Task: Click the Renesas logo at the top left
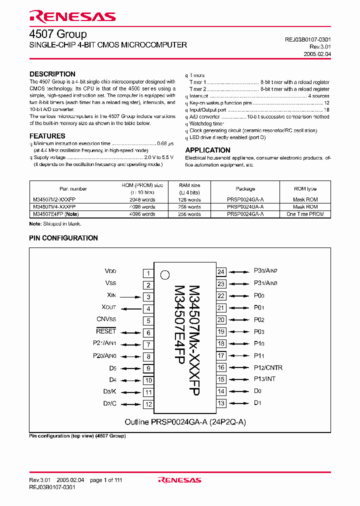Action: pyautogui.click(x=72, y=17)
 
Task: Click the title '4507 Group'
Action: pyautogui.click(x=57, y=34)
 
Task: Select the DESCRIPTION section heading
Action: pyautogui.click(x=52, y=74)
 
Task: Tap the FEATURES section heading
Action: pyautogui.click(x=47, y=136)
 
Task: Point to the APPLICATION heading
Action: pyautogui.click(x=207, y=150)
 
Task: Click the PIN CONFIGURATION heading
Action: pyautogui.click(x=63, y=238)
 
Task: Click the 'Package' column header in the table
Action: pyautogui.click(x=245, y=189)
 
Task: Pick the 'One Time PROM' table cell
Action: pyautogui.click(x=305, y=214)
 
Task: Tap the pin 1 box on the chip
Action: pyautogui.click(x=148, y=273)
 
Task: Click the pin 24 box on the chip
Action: pyautogui.click(x=221, y=272)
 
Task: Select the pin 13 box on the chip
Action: pyautogui.click(x=221, y=403)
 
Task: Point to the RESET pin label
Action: pyautogui.click(x=106, y=331)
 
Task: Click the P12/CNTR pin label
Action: pyautogui.click(x=268, y=367)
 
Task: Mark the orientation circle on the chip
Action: pyautogui.click(x=164, y=274)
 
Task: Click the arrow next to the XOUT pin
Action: pyautogui.click(x=130, y=309)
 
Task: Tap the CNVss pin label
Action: pyautogui.click(x=106, y=319)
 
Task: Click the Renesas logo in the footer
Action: pyautogui.click(x=179, y=480)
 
